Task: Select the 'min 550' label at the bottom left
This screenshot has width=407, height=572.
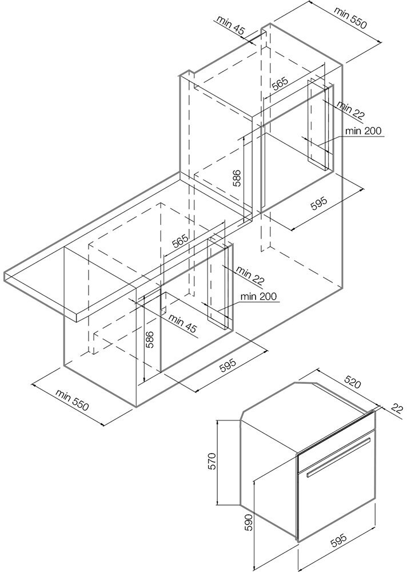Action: pyautogui.click(x=73, y=401)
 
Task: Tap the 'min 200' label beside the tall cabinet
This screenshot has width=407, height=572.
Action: pyautogui.click(x=363, y=131)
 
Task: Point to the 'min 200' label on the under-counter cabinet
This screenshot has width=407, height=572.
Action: pyautogui.click(x=258, y=296)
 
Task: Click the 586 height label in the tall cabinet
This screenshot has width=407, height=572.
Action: pyautogui.click(x=237, y=178)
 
